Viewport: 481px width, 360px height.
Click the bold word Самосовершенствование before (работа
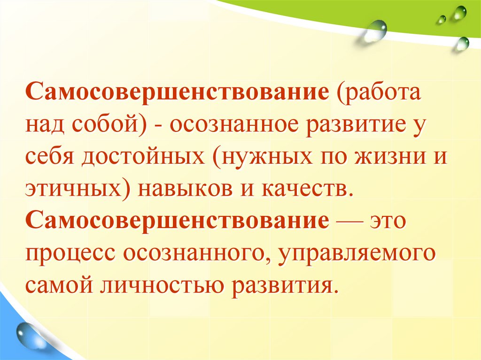pos(177,92)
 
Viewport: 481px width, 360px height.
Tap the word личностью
pos(161,285)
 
